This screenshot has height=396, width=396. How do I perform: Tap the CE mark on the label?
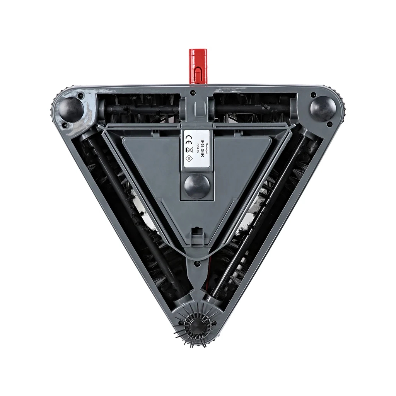pyautogui.click(x=189, y=138)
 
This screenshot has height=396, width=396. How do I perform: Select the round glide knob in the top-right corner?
pyautogui.click(x=323, y=109)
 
